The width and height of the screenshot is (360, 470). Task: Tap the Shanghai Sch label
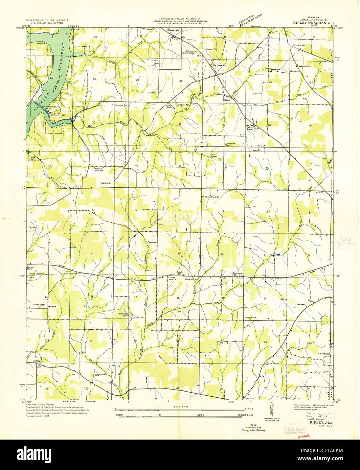(120, 105)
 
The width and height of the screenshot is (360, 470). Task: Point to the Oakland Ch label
(106, 183)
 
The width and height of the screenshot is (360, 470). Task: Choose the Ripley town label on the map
(37, 361)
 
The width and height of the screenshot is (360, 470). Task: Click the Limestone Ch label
(237, 274)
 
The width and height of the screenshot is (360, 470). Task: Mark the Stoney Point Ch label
(212, 196)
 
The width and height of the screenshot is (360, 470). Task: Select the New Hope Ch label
(305, 66)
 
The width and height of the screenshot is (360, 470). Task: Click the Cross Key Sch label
(299, 45)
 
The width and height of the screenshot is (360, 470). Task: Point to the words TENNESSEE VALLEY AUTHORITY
(180, 19)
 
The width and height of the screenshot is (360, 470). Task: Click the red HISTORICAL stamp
(303, 436)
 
